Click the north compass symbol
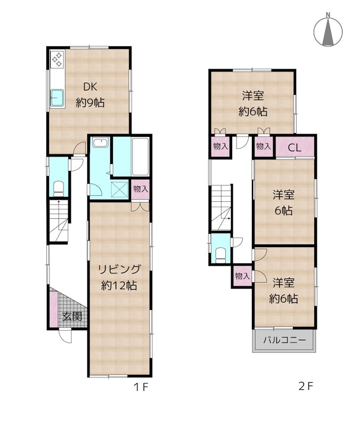tap(328, 31)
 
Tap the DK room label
tap(90, 87)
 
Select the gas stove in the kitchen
tap(58, 60)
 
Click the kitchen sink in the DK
tap(57, 98)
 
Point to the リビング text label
tap(119, 269)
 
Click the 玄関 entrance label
tap(72, 316)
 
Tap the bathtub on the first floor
tap(140, 157)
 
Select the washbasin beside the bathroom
tap(100, 142)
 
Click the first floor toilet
tap(59, 189)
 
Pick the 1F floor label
tap(141, 387)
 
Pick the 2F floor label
tap(306, 386)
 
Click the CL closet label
tap(294, 148)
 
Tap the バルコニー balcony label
tap(284, 340)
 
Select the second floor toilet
tap(220, 255)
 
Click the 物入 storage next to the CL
tap(263, 147)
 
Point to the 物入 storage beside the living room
tap(141, 190)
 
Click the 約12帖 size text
tap(119, 285)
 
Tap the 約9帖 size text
tap(90, 103)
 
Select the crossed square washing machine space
tap(119, 189)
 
